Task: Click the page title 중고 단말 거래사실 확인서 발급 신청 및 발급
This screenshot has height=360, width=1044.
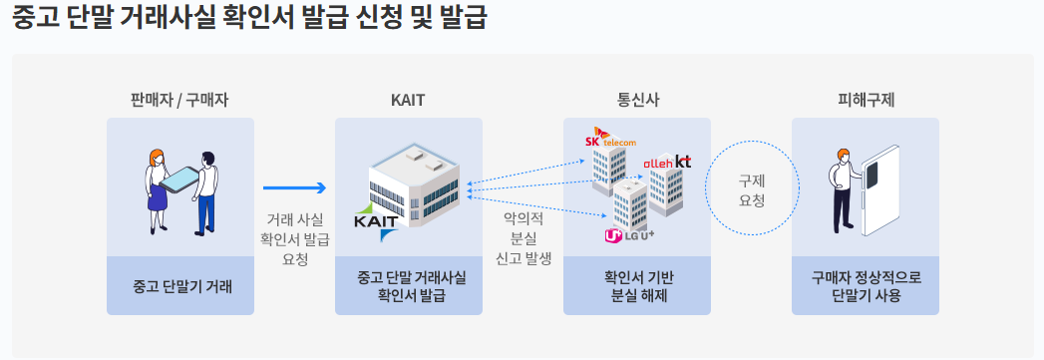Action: pyautogui.click(x=249, y=18)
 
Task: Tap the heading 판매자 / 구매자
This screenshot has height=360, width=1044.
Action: pyautogui.click(x=180, y=100)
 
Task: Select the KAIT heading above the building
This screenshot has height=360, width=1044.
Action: pyautogui.click(x=409, y=100)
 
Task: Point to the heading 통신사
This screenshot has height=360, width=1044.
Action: pyautogui.click(x=638, y=100)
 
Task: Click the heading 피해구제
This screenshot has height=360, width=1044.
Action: pyautogui.click(x=866, y=100)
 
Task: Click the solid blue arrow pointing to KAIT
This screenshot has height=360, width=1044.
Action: pyautogui.click(x=295, y=186)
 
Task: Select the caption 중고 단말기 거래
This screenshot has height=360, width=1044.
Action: pyautogui.click(x=180, y=286)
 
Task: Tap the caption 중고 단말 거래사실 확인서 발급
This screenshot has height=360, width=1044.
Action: pyautogui.click(x=409, y=286)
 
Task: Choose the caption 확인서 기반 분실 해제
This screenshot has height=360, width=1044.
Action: pyautogui.click(x=638, y=286)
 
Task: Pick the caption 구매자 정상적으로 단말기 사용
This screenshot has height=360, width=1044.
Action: pyautogui.click(x=866, y=286)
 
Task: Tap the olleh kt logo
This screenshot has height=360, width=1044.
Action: pyautogui.click(x=667, y=161)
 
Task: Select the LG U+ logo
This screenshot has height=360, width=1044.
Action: pyautogui.click(x=628, y=235)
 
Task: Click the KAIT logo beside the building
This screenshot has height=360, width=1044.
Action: pyautogui.click(x=375, y=222)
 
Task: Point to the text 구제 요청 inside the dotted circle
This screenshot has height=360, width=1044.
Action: pyautogui.click(x=751, y=190)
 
